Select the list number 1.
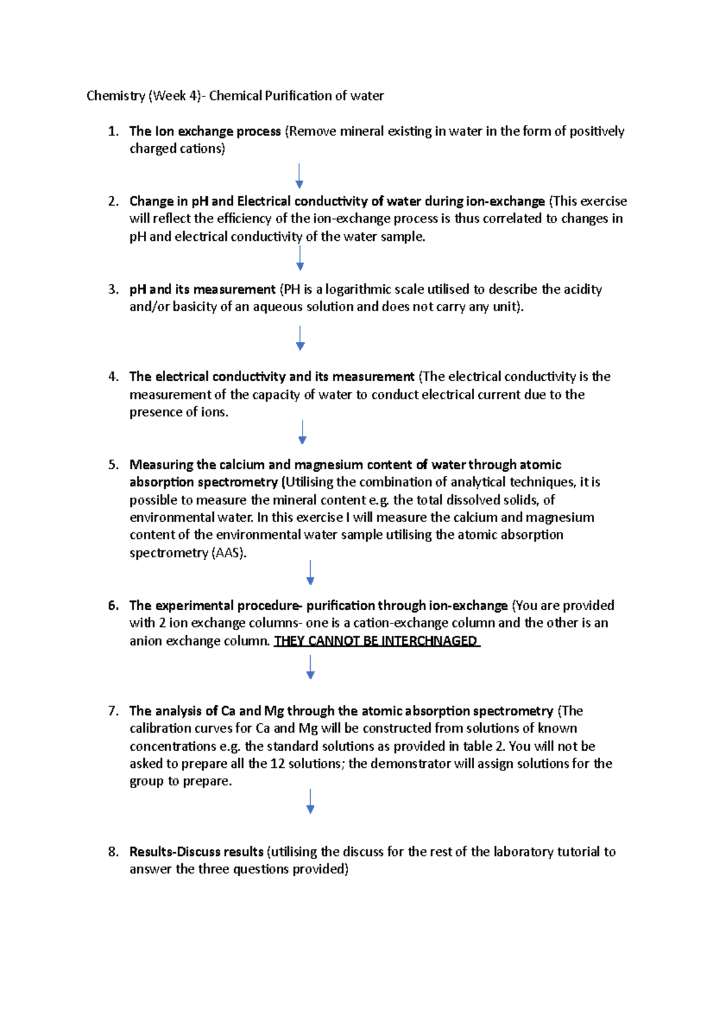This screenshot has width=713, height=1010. click(x=113, y=131)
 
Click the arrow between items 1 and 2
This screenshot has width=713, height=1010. click(x=299, y=176)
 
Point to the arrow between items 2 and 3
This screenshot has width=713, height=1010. click(x=300, y=258)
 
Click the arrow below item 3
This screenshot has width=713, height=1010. click(x=300, y=338)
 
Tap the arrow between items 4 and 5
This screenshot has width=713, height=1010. click(x=302, y=432)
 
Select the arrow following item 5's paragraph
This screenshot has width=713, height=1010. click(x=310, y=572)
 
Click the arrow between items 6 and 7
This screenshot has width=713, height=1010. click(x=310, y=667)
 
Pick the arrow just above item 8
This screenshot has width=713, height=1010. click(x=310, y=801)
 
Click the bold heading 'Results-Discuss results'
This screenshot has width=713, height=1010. click(x=196, y=852)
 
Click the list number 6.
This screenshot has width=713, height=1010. click(x=113, y=606)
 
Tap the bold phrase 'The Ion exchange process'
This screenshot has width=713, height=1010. click(x=205, y=131)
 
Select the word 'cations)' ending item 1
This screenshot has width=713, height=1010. click(x=202, y=149)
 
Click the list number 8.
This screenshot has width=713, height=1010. click(x=113, y=852)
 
